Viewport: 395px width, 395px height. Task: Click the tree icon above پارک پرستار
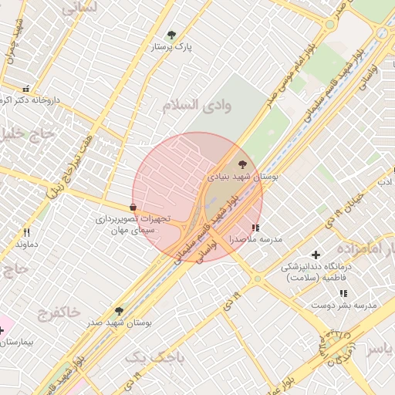(171, 35)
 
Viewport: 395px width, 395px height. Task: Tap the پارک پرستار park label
(171, 47)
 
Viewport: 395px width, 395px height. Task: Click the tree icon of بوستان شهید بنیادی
(243, 164)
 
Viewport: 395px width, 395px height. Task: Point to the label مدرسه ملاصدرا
(256, 240)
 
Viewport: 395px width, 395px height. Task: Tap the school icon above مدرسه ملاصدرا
(255, 228)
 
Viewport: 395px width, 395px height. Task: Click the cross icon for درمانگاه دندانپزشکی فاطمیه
(315, 255)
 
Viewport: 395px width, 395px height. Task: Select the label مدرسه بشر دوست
(343, 306)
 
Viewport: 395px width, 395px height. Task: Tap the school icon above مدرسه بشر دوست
(343, 293)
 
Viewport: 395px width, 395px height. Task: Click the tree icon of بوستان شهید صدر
(119, 311)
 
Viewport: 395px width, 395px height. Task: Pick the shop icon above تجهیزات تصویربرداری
(133, 207)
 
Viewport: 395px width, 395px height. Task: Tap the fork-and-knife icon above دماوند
(26, 231)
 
